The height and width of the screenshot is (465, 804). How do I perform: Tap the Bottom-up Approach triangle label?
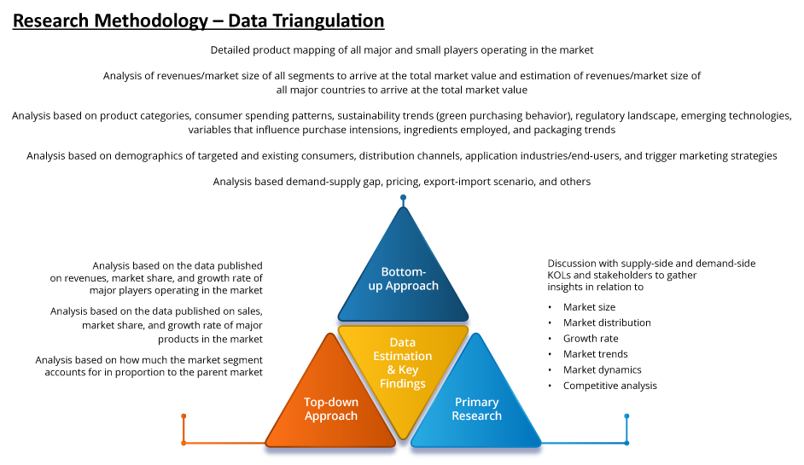click(404, 279)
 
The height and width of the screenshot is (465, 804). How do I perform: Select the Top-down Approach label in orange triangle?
click(331, 410)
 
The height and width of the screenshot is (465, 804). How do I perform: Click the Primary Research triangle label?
click(477, 410)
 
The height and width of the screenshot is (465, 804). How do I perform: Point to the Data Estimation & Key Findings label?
click(403, 363)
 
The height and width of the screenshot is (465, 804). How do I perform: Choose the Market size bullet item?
click(589, 307)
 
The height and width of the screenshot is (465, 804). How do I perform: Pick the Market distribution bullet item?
click(607, 323)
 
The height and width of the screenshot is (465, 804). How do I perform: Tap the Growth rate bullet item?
click(591, 339)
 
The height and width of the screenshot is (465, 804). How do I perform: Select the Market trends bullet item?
click(595, 354)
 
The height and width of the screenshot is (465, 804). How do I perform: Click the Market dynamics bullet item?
click(603, 369)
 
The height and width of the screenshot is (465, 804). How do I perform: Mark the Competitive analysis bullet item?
click(610, 386)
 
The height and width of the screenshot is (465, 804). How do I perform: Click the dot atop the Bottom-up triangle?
click(403, 197)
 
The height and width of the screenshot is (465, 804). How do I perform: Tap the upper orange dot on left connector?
click(184, 416)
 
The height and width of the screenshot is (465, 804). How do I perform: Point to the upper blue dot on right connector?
click(626, 416)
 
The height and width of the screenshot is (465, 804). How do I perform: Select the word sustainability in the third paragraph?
click(367, 116)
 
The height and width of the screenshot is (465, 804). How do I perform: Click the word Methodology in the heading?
click(151, 21)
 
